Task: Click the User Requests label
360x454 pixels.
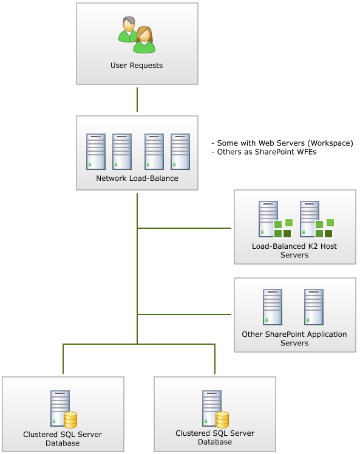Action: pos(137,66)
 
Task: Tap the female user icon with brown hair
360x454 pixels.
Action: pos(144,40)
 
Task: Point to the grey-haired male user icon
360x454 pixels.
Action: pos(128,29)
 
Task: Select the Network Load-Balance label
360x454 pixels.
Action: pos(137,178)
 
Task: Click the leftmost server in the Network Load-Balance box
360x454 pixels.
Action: pos(96,152)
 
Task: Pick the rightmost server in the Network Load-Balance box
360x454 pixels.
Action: pos(180,152)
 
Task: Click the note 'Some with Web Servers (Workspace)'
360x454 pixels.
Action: pos(282,143)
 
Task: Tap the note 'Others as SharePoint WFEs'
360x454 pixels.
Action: pos(264,152)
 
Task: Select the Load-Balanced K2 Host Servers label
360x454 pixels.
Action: pos(294,251)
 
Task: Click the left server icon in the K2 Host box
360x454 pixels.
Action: pos(268,219)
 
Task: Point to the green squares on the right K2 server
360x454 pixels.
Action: pos(324,228)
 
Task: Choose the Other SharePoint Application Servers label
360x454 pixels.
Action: pos(294,339)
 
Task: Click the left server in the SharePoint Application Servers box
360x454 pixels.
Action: pos(273,307)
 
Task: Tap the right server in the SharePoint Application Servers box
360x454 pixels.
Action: pos(314,307)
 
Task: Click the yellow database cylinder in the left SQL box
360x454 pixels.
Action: pos(70,420)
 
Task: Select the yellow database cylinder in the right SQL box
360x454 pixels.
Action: pos(222,420)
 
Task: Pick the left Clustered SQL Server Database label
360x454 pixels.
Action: pos(63,439)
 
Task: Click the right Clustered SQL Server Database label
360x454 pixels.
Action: pos(215,438)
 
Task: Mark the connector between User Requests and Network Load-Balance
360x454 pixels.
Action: pos(137,100)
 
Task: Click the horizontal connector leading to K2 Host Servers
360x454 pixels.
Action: pos(184,228)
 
